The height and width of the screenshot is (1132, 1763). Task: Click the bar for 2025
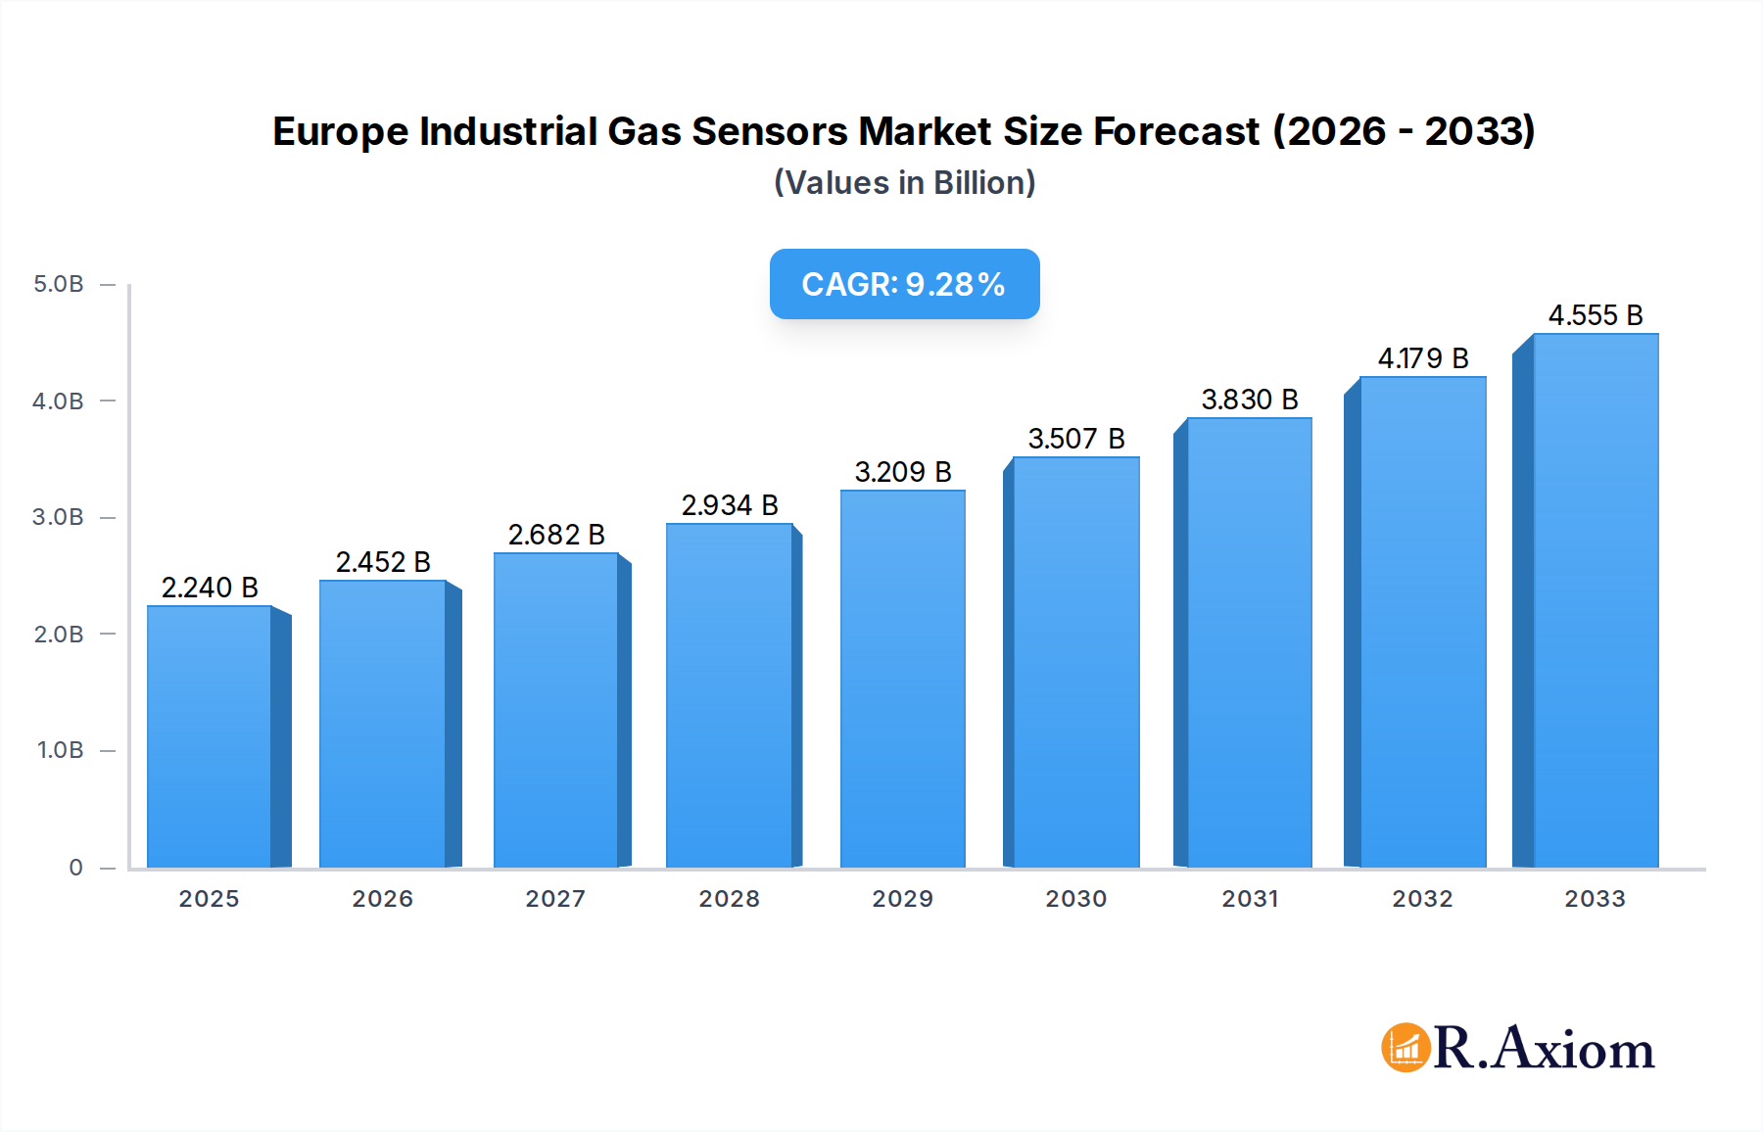209,736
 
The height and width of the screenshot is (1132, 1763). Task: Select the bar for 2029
902,679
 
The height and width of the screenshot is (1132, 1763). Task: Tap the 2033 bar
1595,600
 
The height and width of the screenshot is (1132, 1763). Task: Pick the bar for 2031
1249,642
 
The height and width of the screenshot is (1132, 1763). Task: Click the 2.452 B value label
383,562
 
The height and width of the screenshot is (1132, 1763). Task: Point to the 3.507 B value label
1075,439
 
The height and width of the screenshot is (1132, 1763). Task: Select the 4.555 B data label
1595,315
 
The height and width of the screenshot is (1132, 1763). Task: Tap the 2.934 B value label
730,505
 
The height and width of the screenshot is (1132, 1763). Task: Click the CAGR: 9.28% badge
904,284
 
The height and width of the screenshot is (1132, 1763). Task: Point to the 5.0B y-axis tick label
59,284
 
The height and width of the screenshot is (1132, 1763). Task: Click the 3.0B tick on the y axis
59,517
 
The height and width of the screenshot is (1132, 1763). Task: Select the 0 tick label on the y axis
75,868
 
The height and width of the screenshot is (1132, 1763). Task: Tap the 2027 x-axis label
555,899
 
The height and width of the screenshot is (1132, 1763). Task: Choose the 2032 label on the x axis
1422,899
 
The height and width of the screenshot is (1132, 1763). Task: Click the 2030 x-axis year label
1075,899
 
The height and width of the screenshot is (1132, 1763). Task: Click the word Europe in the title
340,132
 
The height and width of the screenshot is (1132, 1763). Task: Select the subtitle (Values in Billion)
904,183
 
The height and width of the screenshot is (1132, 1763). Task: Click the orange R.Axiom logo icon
1406,1048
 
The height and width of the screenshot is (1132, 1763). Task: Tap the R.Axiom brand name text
1544,1049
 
